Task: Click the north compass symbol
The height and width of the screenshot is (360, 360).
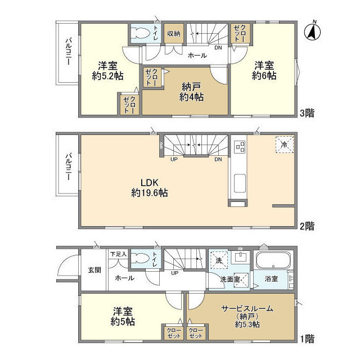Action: click(313, 32)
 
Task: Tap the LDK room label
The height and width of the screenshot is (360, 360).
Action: click(150, 183)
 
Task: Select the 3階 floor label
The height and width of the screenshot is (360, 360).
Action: click(307, 113)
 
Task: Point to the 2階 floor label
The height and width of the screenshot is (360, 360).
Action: click(307, 226)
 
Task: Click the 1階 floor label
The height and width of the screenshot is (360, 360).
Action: click(307, 339)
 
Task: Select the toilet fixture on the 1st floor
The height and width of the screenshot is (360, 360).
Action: click(141, 259)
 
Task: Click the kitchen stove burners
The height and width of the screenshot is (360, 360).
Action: click(240, 147)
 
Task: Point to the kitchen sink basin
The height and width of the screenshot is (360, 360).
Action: click(240, 183)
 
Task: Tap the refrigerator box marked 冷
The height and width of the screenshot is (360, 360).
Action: click(285, 145)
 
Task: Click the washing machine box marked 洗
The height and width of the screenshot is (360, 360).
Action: click(219, 260)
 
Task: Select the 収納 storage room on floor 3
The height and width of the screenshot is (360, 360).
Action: click(174, 33)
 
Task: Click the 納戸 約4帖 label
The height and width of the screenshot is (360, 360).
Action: click(191, 92)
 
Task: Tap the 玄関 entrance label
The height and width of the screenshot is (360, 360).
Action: click(94, 270)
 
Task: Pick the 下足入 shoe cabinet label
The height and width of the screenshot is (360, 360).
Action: click(118, 254)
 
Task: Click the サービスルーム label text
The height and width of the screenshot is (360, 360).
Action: click(247, 309)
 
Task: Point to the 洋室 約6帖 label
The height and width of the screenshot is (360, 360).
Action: click(264, 70)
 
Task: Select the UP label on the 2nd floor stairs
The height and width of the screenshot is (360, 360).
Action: click(174, 159)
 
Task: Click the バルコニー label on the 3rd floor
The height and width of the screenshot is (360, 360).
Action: click(68, 51)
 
